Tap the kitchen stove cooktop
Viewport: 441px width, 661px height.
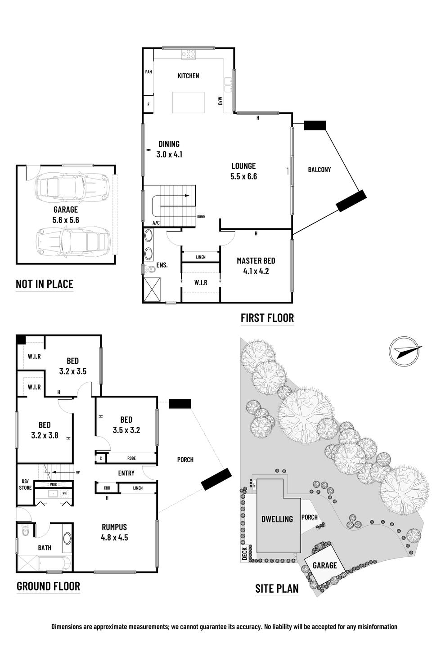pos(189,54)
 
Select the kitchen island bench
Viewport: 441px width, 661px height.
pos(189,103)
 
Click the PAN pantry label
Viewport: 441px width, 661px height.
pos(148,72)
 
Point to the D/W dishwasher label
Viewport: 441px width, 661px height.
pos(220,101)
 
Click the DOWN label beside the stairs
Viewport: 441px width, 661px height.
pos(201,217)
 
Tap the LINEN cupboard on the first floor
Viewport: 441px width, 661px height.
pos(201,257)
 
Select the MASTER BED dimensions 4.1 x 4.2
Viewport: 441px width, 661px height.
pos(256,271)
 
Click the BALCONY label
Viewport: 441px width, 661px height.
pos(319,170)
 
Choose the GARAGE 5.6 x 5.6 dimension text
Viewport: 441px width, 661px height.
pos(66,220)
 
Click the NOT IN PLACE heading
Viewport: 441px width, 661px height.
pos(45,284)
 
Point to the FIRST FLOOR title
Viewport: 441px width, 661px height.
pos(267,318)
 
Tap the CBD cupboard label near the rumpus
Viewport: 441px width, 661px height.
pos(107,488)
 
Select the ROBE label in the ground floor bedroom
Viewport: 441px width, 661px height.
pos(131,458)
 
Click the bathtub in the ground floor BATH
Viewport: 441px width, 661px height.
pos(54,563)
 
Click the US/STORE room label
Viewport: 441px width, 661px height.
pos(25,484)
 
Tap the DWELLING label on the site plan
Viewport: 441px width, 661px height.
pos(277,519)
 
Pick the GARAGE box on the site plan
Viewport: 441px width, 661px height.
pos(324,565)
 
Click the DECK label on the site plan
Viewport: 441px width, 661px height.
pos(244,554)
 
